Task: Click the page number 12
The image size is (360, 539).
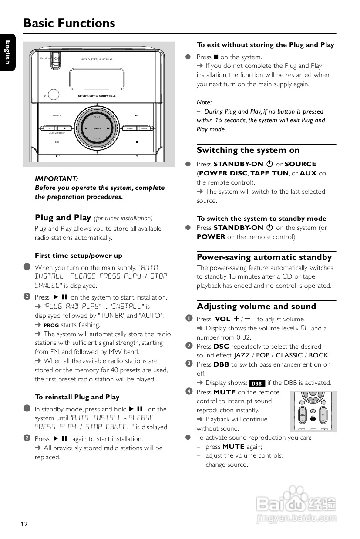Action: click(24, 524)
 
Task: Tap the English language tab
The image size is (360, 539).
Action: click(7, 52)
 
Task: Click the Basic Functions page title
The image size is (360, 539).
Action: click(69, 23)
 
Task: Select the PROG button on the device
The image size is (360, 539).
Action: click(144, 128)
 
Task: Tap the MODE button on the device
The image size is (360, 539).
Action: click(130, 128)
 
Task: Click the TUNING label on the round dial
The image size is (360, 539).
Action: click(96, 128)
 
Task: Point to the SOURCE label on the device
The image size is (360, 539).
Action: click(57, 115)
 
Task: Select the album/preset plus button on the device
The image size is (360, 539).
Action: click(64, 128)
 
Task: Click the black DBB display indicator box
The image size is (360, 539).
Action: click(257, 384)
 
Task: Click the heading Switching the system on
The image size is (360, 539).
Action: click(248, 150)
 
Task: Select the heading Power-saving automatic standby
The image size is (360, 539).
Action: click(264, 257)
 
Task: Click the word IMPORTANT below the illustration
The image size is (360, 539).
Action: click(56, 179)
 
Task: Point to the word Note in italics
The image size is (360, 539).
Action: click(204, 102)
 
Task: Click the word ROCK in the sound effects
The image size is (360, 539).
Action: click(318, 355)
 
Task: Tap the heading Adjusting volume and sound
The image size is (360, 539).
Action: click(256, 307)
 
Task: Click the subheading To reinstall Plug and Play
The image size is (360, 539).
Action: click(77, 397)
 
